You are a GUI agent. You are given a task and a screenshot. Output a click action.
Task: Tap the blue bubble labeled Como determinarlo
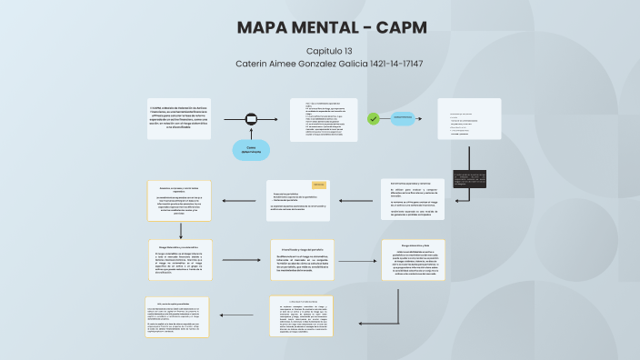[251, 150]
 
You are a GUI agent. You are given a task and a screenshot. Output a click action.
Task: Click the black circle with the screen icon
[251, 119]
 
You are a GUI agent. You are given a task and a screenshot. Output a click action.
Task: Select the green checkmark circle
[373, 118]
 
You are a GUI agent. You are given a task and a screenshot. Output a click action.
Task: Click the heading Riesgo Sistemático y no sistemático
[179, 245]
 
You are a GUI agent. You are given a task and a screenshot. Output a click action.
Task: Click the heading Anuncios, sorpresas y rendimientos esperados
[179, 187]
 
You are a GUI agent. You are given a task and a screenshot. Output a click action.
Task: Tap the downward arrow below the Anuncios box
[179, 231]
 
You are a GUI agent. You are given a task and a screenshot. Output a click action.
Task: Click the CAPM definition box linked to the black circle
[179, 119]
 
